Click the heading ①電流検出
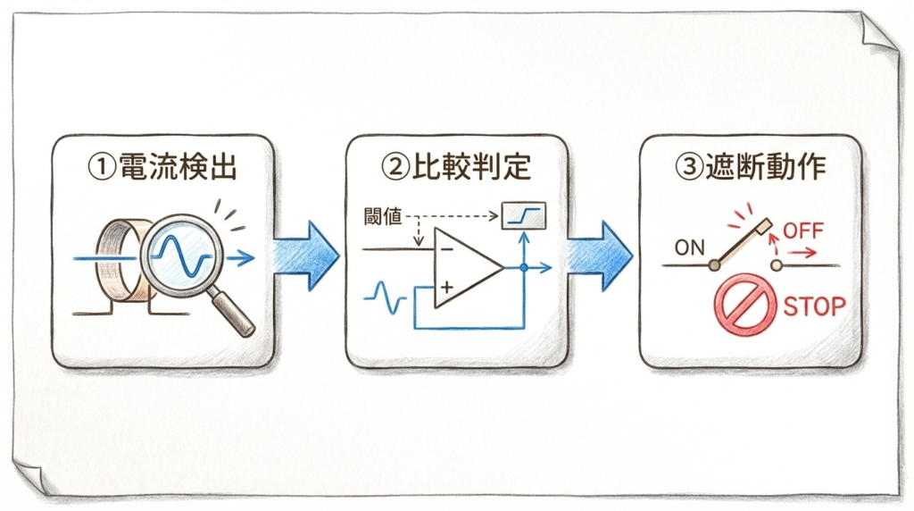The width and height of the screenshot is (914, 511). coord(162,166)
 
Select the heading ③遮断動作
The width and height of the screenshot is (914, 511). coord(752,166)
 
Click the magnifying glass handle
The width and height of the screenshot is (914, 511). coord(234,314)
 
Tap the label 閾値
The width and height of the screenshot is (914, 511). coord(383,217)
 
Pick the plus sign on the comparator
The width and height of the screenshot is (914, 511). coord(445,288)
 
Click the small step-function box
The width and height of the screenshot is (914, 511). coord(523,214)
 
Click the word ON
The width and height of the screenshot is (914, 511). coord(689,247)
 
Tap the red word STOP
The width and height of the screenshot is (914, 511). coord(814,306)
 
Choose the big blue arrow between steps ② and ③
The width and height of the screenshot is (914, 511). coord(601,255)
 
